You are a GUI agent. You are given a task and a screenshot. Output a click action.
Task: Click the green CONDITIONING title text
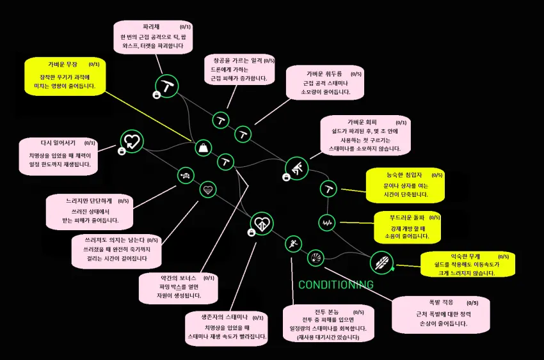pos(336,285)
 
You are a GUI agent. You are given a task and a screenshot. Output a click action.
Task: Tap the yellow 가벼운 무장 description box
pos(65,76)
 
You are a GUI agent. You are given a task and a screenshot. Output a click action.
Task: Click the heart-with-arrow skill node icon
pos(131,141)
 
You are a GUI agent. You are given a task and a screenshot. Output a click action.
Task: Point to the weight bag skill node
pos(203,148)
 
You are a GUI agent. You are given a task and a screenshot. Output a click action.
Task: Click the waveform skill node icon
pos(327,223)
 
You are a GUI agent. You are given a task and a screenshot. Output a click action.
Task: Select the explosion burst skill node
pos(315,257)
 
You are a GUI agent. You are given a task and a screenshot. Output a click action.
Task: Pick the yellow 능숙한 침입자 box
pos(406,184)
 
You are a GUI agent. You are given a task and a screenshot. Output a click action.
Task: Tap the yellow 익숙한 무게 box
pos(468,264)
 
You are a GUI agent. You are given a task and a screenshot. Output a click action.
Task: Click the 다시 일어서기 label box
pos(59,155)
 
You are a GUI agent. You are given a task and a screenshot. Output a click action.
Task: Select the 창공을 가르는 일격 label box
pos(239,70)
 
